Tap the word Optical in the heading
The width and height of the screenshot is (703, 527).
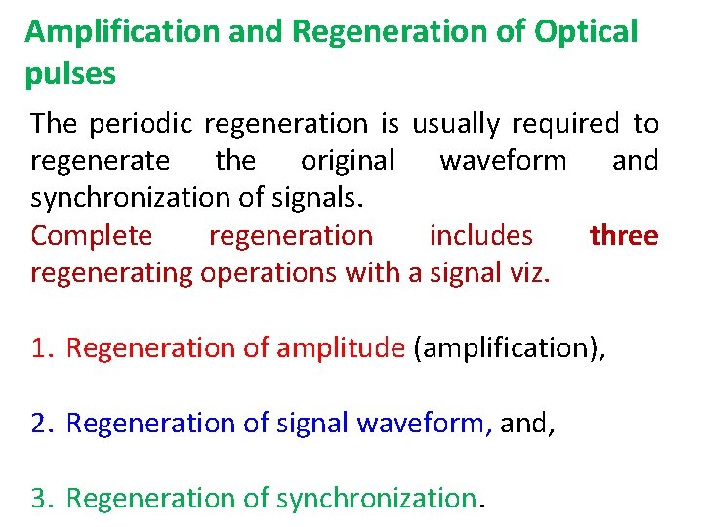pyautogui.click(x=586, y=31)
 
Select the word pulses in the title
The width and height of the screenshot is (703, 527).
pyautogui.click(x=71, y=73)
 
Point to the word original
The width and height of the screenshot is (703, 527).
pyautogui.click(x=348, y=160)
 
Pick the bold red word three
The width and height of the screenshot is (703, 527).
pyautogui.click(x=623, y=235)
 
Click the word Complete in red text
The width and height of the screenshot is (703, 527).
pyautogui.click(x=92, y=235)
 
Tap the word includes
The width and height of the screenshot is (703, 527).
pyautogui.click(x=480, y=235)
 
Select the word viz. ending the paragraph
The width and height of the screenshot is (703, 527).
pyautogui.click(x=528, y=272)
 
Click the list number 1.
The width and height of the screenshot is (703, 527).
pyautogui.click(x=41, y=347)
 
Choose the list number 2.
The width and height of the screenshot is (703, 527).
pyautogui.click(x=41, y=423)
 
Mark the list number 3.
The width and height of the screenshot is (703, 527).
pyautogui.click(x=41, y=498)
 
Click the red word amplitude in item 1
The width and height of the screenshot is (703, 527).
pyautogui.click(x=340, y=347)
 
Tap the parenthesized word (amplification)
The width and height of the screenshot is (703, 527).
pyautogui.click(x=508, y=347)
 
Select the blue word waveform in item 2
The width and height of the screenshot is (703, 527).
pyautogui.click(x=420, y=423)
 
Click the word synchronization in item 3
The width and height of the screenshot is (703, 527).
pyautogui.click(x=375, y=498)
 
